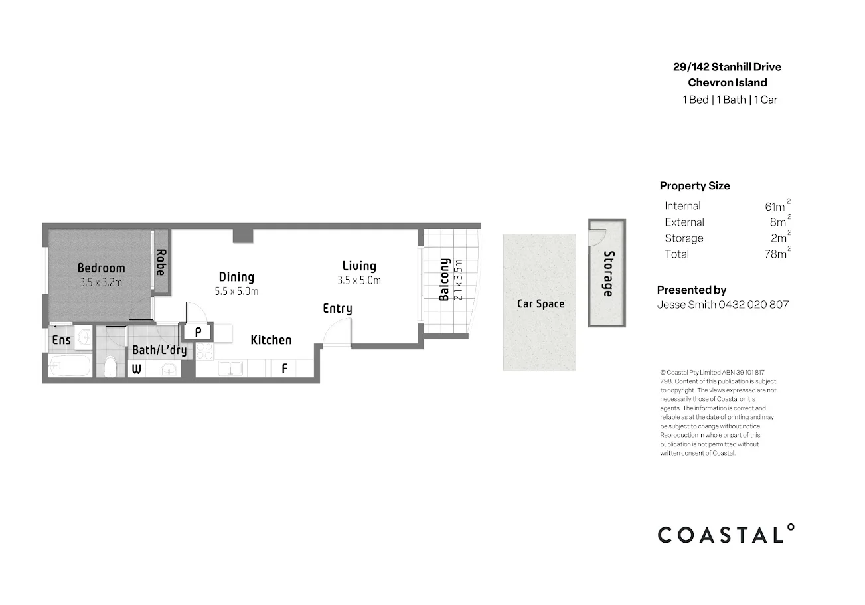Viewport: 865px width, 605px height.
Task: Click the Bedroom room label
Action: [x=101, y=268]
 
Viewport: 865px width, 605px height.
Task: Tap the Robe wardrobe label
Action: [x=161, y=262]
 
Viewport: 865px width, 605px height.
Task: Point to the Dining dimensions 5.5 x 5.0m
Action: [x=236, y=291]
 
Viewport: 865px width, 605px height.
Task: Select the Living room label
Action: [x=359, y=266]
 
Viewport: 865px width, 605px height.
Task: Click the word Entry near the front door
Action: [x=337, y=309]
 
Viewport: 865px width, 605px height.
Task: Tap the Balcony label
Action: [x=445, y=280]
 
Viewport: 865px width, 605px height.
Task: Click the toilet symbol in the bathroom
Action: [x=111, y=366]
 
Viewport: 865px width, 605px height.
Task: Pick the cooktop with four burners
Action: [x=204, y=351]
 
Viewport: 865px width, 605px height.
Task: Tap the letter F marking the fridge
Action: [x=284, y=368]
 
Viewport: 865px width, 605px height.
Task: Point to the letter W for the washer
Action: [x=136, y=369]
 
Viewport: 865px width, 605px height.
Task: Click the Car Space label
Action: [x=540, y=304]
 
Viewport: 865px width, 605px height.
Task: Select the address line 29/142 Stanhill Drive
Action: [x=727, y=67]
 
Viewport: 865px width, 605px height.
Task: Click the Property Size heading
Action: [x=694, y=186]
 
